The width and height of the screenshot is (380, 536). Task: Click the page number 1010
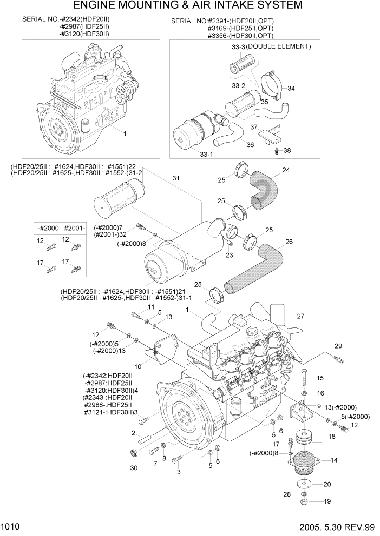(10, 526)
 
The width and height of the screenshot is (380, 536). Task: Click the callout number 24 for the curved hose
(285, 171)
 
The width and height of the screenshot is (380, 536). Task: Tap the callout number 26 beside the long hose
(289, 242)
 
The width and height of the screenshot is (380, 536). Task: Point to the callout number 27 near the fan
(300, 317)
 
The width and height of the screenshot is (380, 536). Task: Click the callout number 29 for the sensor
(338, 346)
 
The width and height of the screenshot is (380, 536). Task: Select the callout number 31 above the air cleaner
(175, 179)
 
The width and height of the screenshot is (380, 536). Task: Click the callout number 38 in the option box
(287, 150)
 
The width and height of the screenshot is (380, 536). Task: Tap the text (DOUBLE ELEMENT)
(279, 46)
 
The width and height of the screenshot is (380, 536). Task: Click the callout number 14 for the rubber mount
(334, 460)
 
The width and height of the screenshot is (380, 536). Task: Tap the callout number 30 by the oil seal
(134, 468)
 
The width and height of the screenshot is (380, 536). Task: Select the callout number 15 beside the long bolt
(319, 378)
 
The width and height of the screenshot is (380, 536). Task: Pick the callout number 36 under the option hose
(250, 144)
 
